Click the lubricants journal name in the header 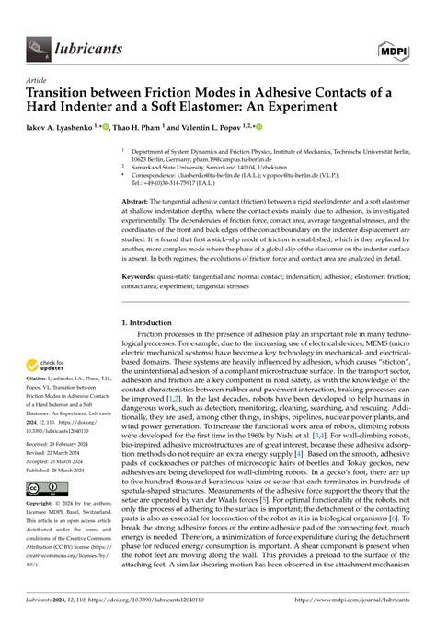point(90,41)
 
